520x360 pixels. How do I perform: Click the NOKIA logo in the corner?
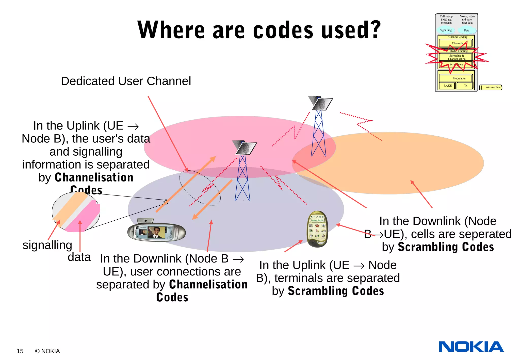[471, 347]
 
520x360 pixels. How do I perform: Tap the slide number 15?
[20, 351]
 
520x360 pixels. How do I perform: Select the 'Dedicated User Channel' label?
[126, 81]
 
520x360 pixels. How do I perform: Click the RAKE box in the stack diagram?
[448, 86]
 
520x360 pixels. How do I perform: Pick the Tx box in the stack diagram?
[465, 86]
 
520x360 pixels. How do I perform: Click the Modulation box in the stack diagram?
[459, 78]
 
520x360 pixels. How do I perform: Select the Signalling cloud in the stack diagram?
[446, 30]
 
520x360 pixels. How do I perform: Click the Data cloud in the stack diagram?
[467, 30]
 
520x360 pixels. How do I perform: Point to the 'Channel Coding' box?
[458, 37]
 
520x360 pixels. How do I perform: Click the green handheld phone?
[317, 229]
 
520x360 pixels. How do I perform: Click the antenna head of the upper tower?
[321, 103]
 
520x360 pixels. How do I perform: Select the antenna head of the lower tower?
[245, 148]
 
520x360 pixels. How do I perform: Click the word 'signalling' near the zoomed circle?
[47, 245]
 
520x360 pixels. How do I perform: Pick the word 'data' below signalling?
[79, 257]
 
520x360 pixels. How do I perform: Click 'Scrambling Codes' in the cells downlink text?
[446, 247]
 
